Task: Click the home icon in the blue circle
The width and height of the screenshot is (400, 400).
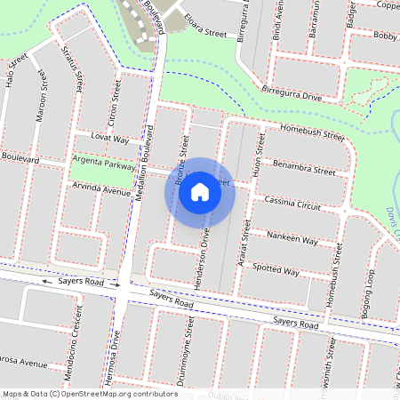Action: (200, 192)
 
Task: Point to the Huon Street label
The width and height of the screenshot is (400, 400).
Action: (259, 153)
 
